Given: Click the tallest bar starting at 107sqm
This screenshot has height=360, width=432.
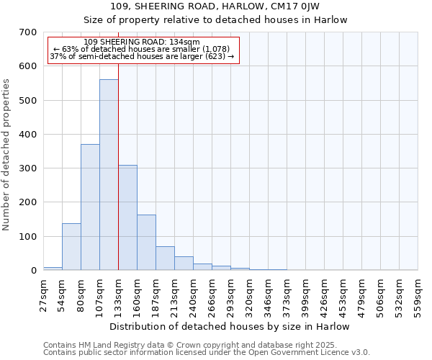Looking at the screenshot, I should [x=109, y=175].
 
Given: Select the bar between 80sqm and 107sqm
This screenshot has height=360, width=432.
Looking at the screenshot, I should [x=90, y=207].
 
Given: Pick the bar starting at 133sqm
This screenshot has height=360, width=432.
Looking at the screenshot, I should [x=127, y=217].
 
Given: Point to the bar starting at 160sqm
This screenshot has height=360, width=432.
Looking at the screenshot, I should [x=146, y=243].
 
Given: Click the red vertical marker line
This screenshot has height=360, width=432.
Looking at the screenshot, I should [x=118, y=180].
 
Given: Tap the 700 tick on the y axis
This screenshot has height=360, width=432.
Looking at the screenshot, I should [x=29, y=32].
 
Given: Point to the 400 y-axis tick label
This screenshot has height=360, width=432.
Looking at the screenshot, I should [x=29, y=135].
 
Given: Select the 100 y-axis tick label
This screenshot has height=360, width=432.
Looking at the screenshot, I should [x=29, y=237].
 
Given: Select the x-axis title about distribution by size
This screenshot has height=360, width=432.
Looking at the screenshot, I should [x=230, y=327].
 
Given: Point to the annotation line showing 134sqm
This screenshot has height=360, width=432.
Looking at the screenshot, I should [x=142, y=42].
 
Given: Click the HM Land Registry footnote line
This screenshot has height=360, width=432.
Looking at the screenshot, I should [x=185, y=346].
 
